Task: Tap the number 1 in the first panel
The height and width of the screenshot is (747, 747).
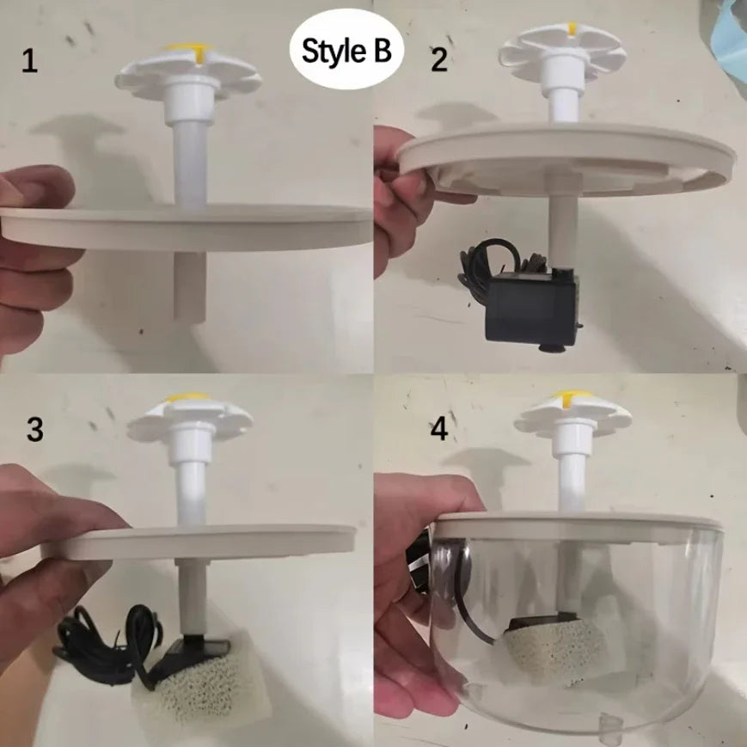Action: click(x=30, y=63)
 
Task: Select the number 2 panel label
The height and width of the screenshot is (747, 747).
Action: click(x=440, y=61)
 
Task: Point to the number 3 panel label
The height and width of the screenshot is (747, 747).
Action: click(x=34, y=430)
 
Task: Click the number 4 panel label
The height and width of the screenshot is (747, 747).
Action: click(x=439, y=429)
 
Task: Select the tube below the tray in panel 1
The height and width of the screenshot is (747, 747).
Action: click(x=190, y=284)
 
